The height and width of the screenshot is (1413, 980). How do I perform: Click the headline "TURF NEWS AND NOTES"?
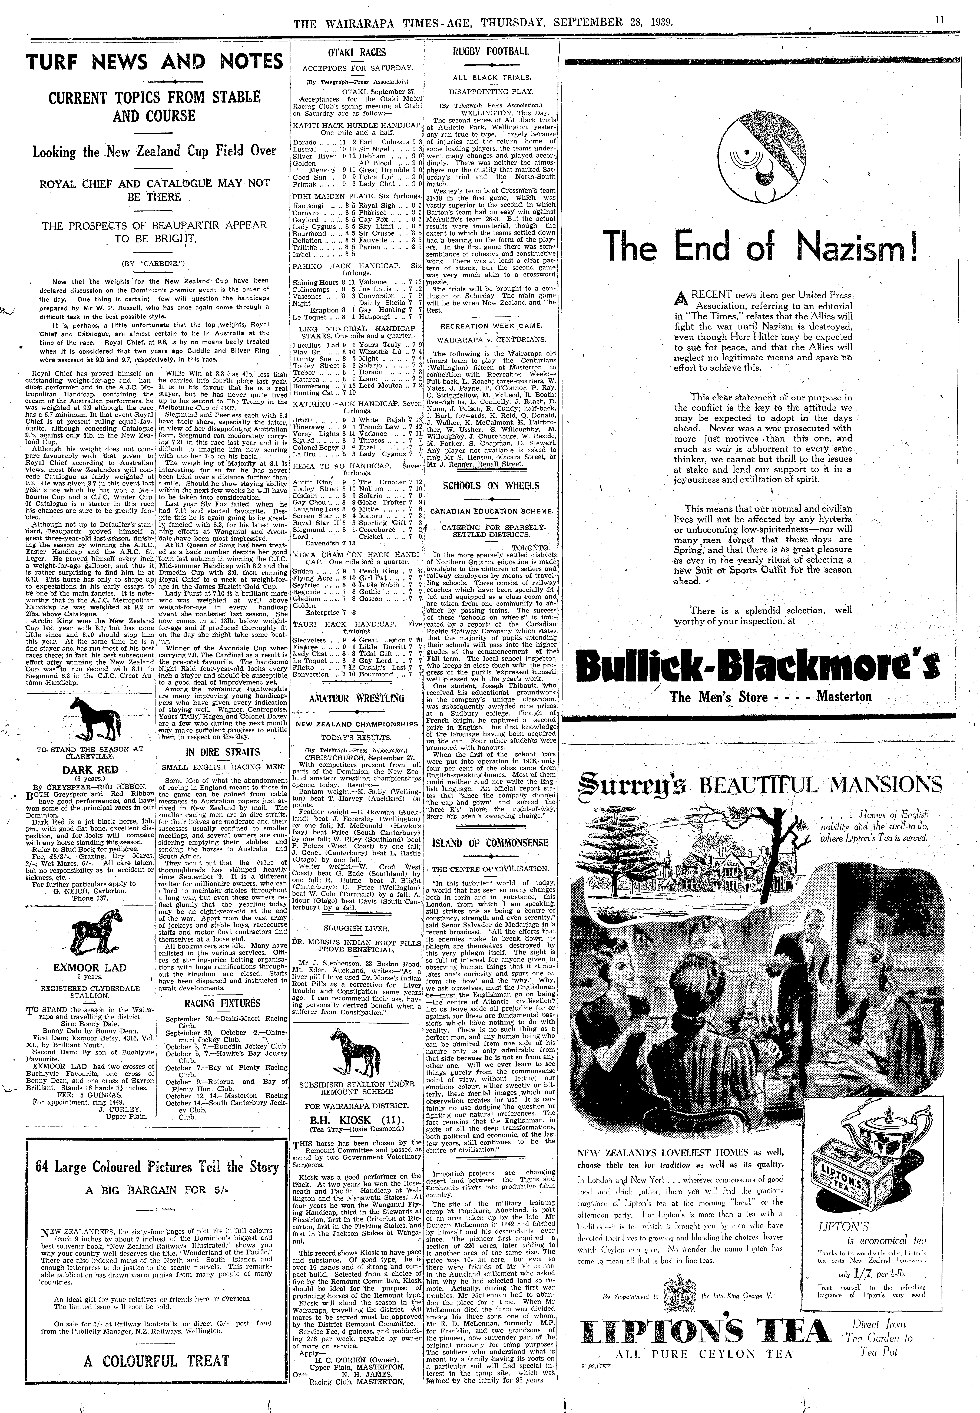coord(155,62)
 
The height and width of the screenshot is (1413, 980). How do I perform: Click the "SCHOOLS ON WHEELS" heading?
coord(491,486)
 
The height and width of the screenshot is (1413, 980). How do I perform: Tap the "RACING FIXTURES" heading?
coord(222,1003)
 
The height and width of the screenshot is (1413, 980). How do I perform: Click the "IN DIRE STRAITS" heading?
coord(222,752)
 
